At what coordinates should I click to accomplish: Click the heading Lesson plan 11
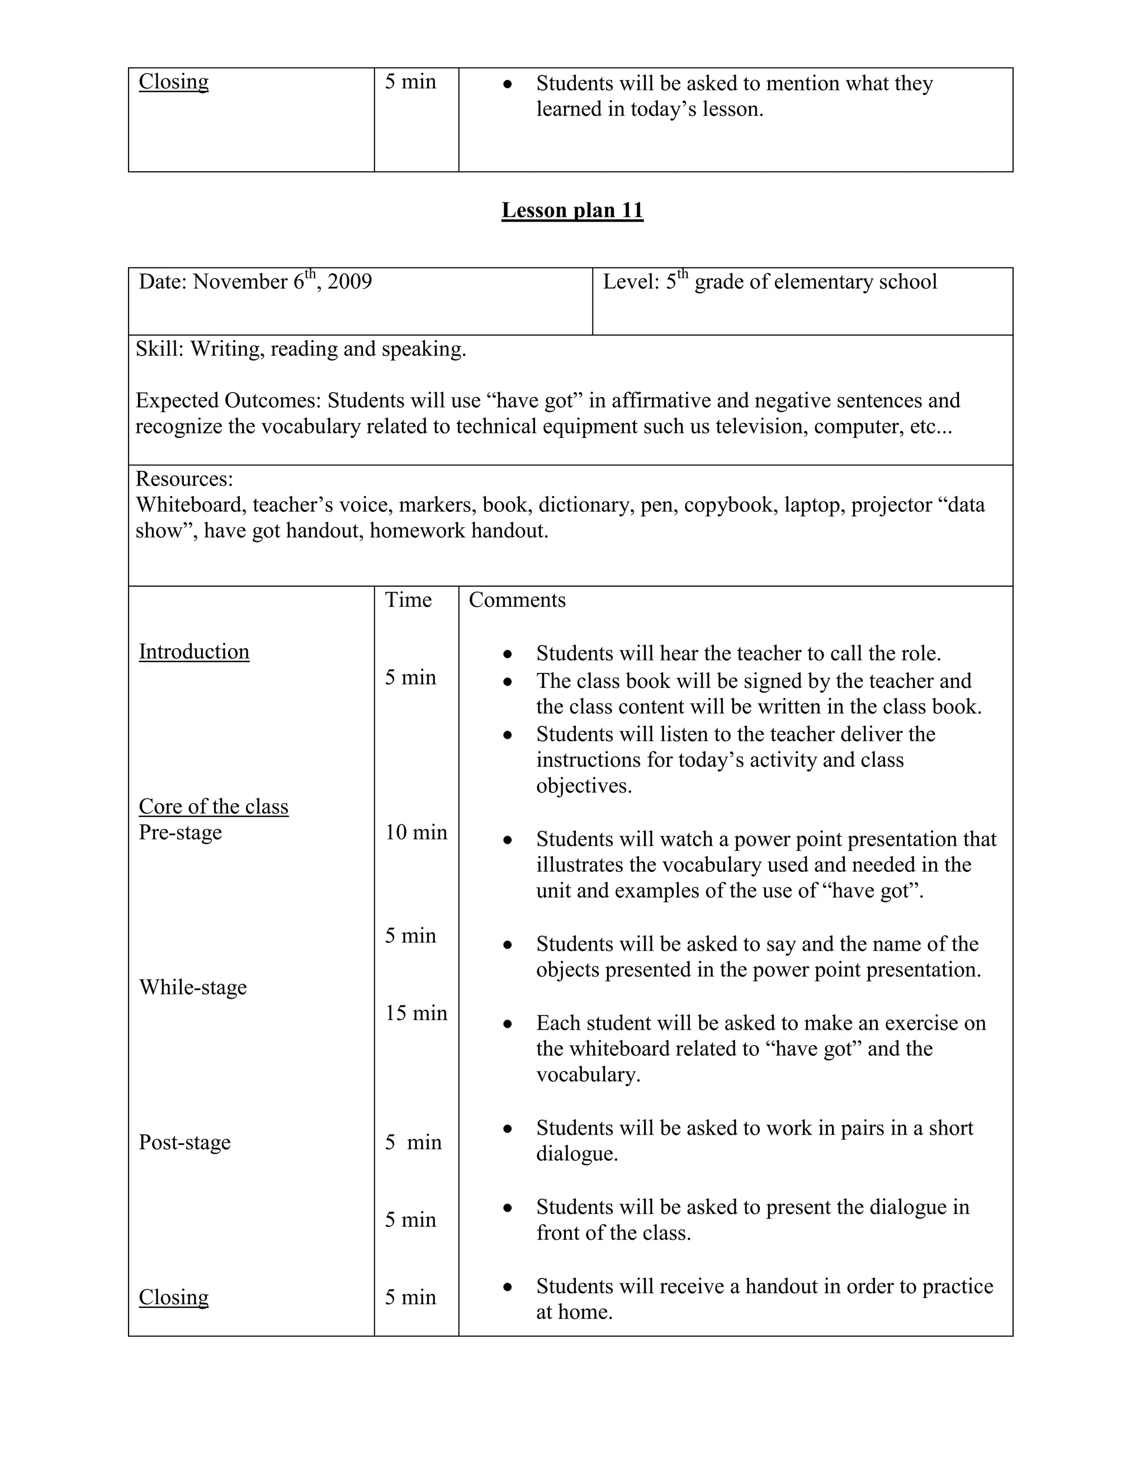572,210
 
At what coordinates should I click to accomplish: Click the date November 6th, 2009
282,282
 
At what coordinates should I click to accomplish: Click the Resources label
184,479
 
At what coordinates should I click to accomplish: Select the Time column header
408,600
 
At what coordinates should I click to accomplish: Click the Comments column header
517,600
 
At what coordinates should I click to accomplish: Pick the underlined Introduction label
194,652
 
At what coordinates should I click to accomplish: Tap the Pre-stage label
181,832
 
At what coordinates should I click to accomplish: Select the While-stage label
193,987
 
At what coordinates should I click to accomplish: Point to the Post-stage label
184,1142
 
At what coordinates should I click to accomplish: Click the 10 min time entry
416,832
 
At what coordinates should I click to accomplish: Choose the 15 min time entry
416,1013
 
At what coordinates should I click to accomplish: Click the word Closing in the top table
174,82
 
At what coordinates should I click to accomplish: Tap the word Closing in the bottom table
174,1297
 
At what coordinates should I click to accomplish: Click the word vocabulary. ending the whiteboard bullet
588,1075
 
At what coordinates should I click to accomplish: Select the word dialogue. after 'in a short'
577,1154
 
